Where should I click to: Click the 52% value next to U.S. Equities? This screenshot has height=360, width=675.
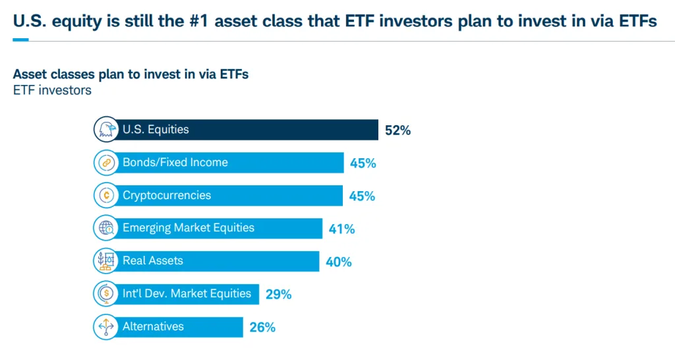(397, 131)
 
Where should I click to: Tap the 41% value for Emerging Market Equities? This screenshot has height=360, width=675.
(341, 229)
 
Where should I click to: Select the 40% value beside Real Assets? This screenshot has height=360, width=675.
(339, 262)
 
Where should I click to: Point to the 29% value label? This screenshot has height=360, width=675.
(278, 295)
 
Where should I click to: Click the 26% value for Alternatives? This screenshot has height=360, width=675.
(262, 327)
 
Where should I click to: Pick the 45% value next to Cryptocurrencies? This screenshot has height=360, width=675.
(362, 196)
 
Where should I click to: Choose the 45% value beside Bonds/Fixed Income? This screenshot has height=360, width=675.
(363, 164)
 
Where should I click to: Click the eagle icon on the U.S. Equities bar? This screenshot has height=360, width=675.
(105, 130)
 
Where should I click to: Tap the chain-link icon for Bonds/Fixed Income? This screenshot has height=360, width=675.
(105, 163)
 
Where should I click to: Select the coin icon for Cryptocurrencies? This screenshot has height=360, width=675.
(105, 195)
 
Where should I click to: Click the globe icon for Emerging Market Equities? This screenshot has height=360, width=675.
(105, 228)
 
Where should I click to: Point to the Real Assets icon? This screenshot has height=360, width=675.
(105, 261)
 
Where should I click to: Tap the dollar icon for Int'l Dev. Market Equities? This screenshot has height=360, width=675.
(105, 293)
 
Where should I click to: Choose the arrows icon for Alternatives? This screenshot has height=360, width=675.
(105, 326)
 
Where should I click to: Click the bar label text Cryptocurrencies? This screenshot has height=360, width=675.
(167, 195)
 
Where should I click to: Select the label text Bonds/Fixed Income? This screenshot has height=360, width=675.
(175, 163)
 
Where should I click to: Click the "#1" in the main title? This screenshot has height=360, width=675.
(198, 21)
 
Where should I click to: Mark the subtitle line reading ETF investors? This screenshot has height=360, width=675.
(52, 90)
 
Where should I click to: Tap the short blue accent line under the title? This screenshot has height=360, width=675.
(20, 40)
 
